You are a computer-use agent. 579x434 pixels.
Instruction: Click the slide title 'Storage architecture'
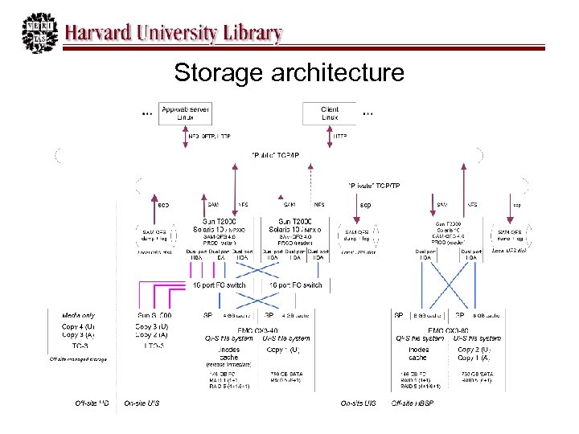[289, 73]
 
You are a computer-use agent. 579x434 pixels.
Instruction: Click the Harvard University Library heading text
[173, 34]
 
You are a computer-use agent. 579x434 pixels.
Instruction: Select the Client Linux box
[330, 113]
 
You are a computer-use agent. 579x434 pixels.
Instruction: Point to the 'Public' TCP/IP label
[276, 154]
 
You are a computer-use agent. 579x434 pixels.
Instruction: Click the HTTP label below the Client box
[339, 136]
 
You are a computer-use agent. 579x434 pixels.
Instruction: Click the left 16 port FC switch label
[219, 285]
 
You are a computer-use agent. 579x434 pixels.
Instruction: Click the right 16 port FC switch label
[295, 285]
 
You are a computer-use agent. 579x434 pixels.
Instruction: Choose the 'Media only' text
[78, 316]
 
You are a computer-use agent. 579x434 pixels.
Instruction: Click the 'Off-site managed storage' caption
[77, 358]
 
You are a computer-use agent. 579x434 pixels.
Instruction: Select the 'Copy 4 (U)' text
[78, 327]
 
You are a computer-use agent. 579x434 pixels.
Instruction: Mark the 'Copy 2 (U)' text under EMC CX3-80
[475, 350]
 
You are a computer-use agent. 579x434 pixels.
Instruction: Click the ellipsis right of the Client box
[368, 113]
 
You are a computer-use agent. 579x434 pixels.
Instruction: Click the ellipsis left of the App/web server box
[146, 113]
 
